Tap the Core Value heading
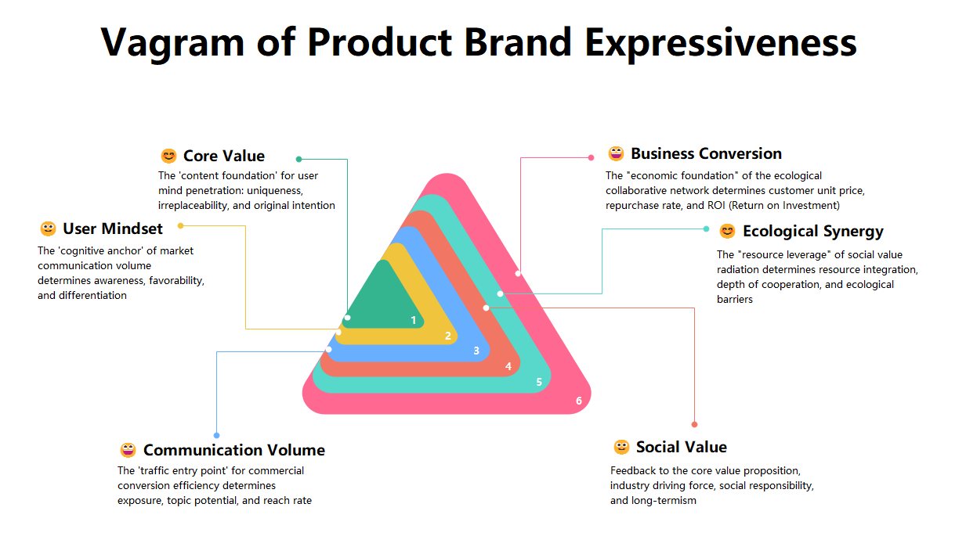(x=223, y=156)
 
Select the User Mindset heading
(x=113, y=229)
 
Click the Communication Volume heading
(x=233, y=450)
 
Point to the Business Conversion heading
(x=706, y=153)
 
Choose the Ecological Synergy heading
(x=812, y=231)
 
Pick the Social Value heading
(x=681, y=447)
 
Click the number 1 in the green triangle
(x=414, y=319)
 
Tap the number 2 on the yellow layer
(x=447, y=336)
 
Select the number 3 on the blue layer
(x=476, y=351)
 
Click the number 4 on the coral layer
(x=508, y=366)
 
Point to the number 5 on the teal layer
(x=539, y=382)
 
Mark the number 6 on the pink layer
(x=579, y=401)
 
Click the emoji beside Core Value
(x=168, y=156)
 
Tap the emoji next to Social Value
(x=621, y=447)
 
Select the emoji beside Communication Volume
(x=128, y=450)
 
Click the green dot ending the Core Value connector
(x=298, y=159)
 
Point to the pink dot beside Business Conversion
(x=591, y=157)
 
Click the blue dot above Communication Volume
(x=216, y=435)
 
